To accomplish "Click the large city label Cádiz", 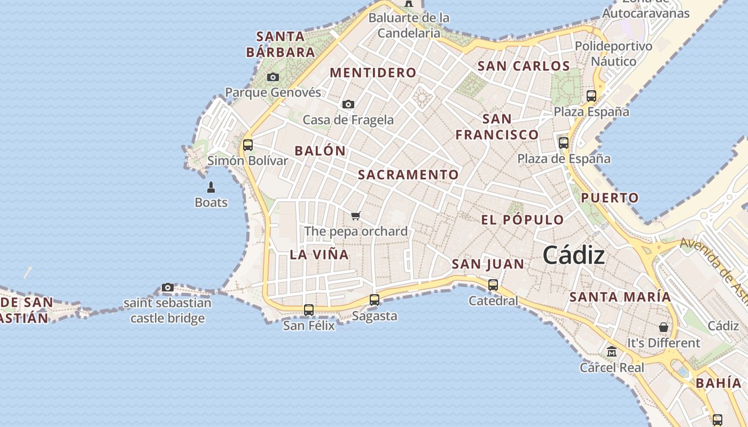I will pyautogui.click(x=574, y=256).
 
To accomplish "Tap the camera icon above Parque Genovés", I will pyautogui.click(x=273, y=77).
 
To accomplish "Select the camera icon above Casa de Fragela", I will pyautogui.click(x=348, y=105).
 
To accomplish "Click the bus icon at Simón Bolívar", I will pyautogui.click(x=247, y=145).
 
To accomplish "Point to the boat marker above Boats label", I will pyautogui.click(x=211, y=187).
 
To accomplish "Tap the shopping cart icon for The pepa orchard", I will pyautogui.click(x=356, y=216).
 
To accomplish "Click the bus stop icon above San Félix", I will pyautogui.click(x=309, y=310).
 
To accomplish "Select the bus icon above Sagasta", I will pyautogui.click(x=375, y=300).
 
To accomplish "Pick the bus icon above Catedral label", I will pyautogui.click(x=493, y=285).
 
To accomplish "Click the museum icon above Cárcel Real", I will pyautogui.click(x=612, y=352).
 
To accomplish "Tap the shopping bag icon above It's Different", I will pyautogui.click(x=664, y=327).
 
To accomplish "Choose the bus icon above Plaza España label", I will pyautogui.click(x=591, y=96).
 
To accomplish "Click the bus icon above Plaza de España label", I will pyautogui.click(x=564, y=143).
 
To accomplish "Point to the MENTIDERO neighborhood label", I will pyautogui.click(x=373, y=73).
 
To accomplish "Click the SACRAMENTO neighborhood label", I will pyautogui.click(x=408, y=175).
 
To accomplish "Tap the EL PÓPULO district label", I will pyautogui.click(x=522, y=220).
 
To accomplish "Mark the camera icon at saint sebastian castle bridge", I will pyautogui.click(x=167, y=288).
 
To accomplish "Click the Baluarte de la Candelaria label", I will pyautogui.click(x=409, y=25).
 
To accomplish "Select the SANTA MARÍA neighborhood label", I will pyautogui.click(x=620, y=297).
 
